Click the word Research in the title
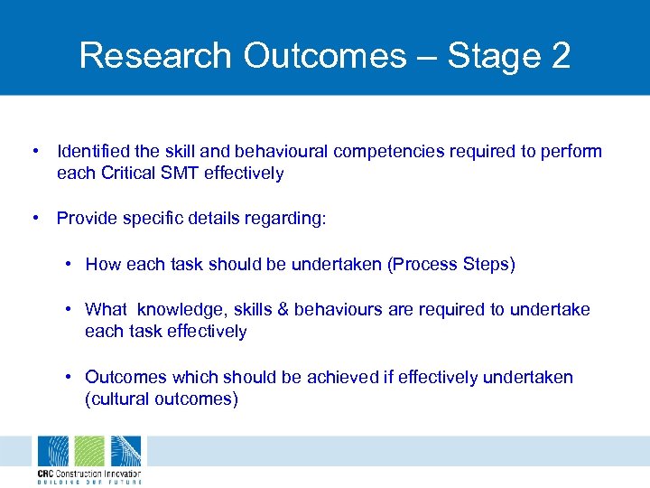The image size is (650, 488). pos(153,55)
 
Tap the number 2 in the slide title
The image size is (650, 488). pos(559,55)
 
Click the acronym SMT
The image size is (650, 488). pos(180,173)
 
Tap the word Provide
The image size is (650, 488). pos(87,218)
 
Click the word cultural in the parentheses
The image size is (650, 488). pos(119,399)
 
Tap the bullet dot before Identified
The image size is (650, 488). pos(33,151)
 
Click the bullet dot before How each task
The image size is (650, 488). pos(69,264)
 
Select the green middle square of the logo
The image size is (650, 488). pos(88,451)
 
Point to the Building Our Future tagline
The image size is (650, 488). pos(88,483)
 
